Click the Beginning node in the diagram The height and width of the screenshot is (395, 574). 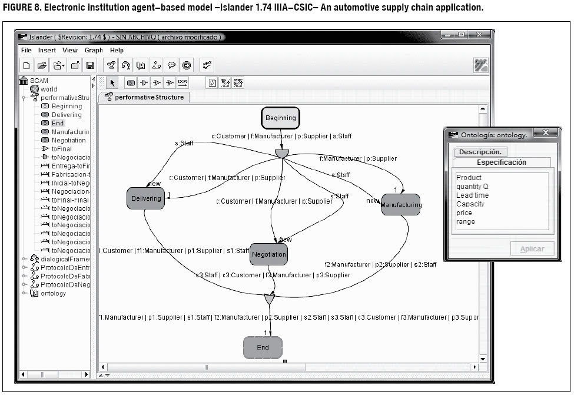[x=280, y=118]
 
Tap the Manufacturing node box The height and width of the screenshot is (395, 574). [x=401, y=205]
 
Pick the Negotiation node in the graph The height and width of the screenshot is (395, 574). [x=268, y=254]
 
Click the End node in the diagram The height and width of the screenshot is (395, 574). [x=263, y=347]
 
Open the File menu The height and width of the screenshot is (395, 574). [x=26, y=51]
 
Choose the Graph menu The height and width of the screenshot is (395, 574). [x=94, y=51]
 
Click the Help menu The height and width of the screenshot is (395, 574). [x=117, y=51]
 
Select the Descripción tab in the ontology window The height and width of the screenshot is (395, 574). [x=479, y=152]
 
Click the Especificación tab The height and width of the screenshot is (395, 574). [x=502, y=162]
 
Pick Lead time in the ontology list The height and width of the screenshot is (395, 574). [x=472, y=195]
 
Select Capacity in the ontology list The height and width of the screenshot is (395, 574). [x=470, y=204]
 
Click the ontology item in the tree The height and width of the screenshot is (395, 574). [x=53, y=293]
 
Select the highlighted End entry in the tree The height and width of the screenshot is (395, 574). [x=57, y=123]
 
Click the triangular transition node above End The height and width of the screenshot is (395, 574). [x=269, y=299]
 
